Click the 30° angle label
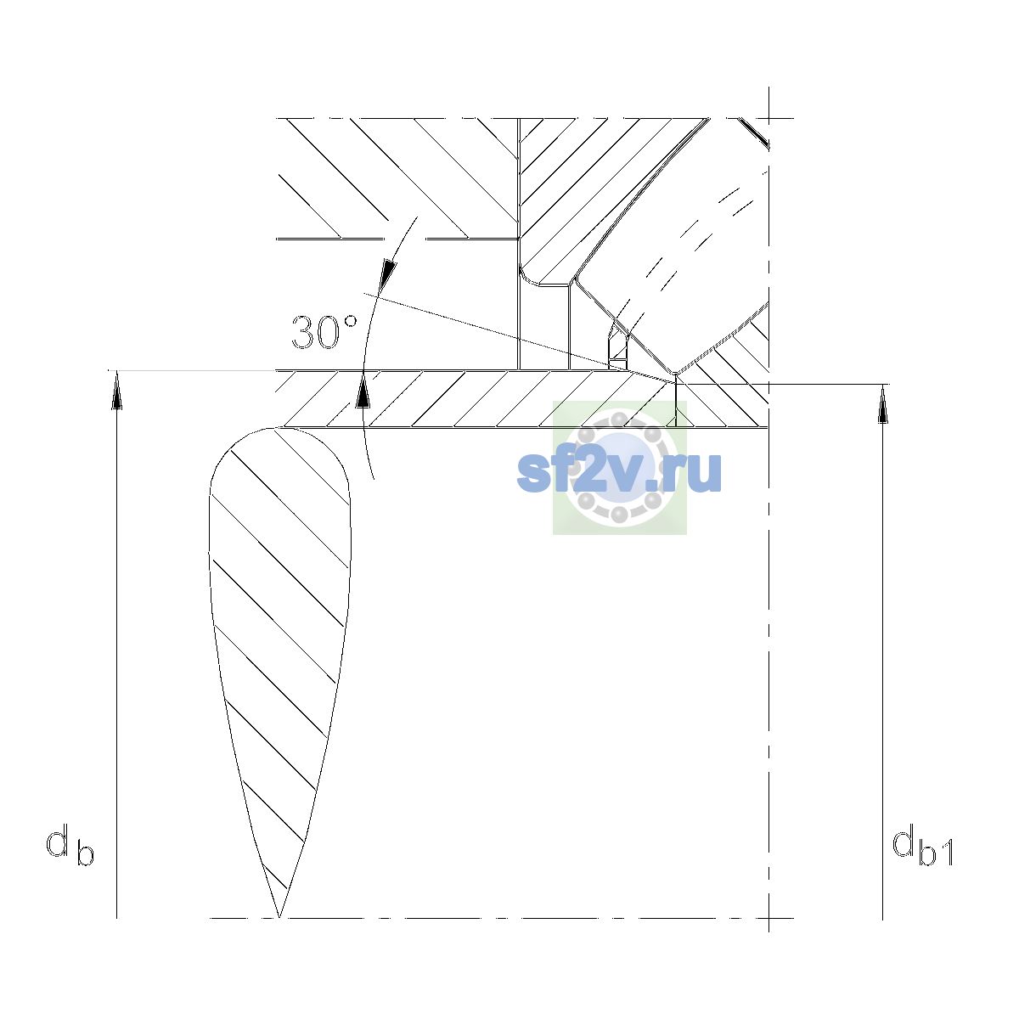click(x=324, y=333)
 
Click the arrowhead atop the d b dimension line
click(x=117, y=390)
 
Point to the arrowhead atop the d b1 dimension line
click(x=882, y=404)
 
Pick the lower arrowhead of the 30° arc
click(x=363, y=391)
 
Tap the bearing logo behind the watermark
click(x=619, y=467)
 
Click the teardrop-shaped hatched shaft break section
click(x=279, y=608)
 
